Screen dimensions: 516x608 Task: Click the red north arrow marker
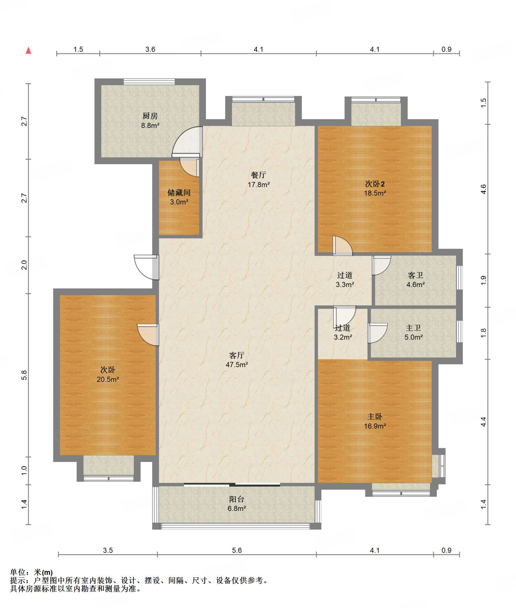28,50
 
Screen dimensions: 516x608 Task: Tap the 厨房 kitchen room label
150,116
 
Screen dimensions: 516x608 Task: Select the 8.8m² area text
150,125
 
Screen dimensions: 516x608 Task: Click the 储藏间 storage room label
179,193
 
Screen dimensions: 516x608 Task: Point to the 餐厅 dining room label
258,175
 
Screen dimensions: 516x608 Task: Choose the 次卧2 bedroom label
375,184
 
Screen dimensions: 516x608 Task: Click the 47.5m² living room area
237,365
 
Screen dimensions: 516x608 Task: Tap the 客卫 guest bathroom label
415,275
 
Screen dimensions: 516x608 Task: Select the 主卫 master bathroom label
413,328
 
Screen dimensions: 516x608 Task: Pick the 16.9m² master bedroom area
375,426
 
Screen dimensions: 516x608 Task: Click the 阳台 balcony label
237,499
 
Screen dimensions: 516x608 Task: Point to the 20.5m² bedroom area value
108,379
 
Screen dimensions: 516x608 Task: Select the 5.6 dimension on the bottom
237,550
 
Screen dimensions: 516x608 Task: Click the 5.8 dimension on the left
24,375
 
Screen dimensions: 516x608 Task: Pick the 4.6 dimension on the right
484,189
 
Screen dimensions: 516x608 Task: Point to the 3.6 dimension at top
150,49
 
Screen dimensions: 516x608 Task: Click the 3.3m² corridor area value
345,284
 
